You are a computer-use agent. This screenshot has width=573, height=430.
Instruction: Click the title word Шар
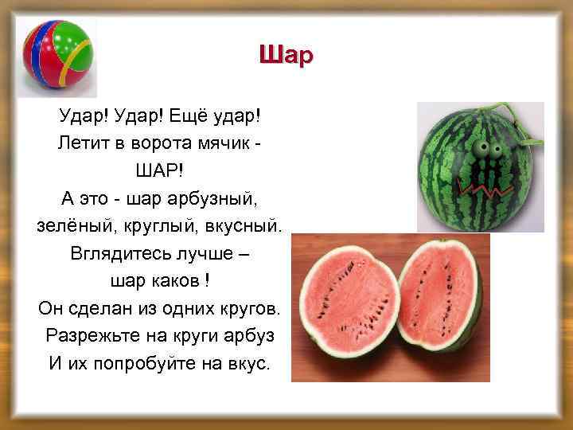pos(286,55)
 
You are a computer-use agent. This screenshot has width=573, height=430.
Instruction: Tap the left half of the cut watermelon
pos(349,303)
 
